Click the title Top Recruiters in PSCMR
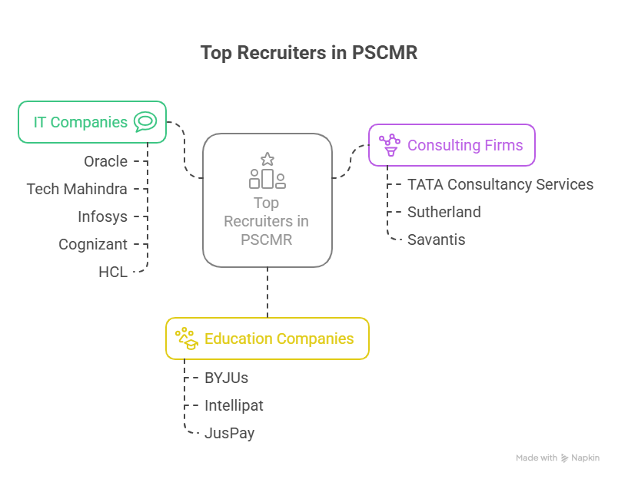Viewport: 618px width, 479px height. [308, 52]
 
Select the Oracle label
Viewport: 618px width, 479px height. [105, 161]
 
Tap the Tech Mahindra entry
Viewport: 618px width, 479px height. [77, 189]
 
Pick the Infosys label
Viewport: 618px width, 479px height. [102, 216]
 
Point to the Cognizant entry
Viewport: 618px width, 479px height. [93, 244]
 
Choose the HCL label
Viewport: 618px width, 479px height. [113, 272]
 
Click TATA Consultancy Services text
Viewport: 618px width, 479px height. [500, 184]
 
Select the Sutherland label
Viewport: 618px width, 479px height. [444, 212]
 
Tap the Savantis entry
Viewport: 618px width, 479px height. [436, 240]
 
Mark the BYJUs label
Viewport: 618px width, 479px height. [226, 378]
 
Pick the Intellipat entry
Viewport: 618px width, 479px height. [234, 405]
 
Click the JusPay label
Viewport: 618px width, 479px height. [229, 433]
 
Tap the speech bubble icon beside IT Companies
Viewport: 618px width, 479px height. [145, 121]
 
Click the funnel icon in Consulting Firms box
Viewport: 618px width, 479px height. [390, 144]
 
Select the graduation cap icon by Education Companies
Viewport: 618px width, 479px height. [187, 339]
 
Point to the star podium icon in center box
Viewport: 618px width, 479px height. [267, 170]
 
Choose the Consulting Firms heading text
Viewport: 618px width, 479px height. [465, 145]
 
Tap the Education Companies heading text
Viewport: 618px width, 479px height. [279, 339]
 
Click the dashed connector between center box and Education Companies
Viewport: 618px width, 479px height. [267, 292]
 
